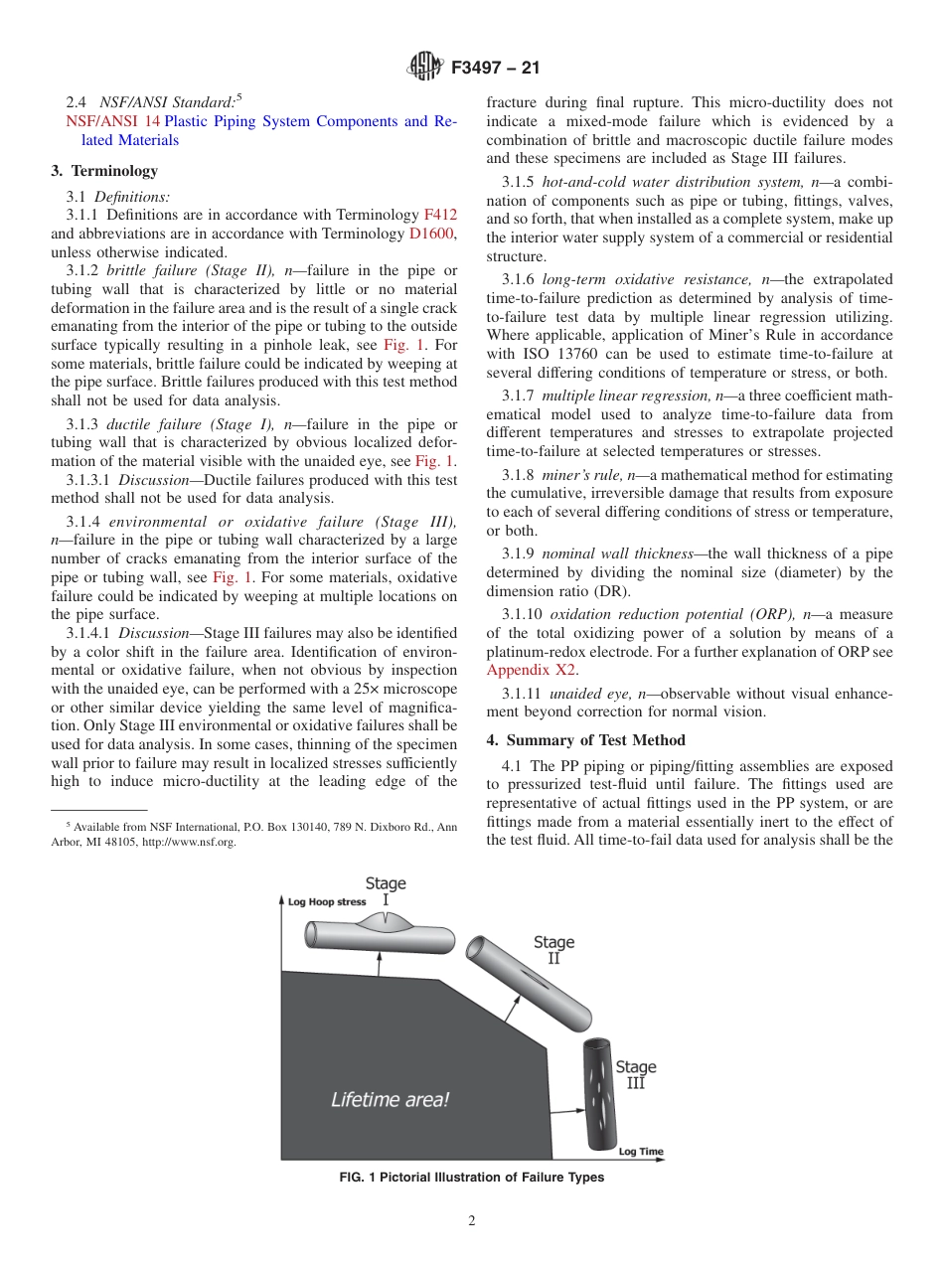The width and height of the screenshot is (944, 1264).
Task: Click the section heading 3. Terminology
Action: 104,171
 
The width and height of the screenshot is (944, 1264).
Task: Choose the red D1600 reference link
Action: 432,234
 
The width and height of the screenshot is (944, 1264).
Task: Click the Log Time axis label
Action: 640,1152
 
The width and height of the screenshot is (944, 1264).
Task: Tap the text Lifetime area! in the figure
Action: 390,1099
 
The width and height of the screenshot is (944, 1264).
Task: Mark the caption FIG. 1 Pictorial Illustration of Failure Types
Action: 471,1178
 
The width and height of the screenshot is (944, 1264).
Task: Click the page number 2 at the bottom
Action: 472,1221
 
